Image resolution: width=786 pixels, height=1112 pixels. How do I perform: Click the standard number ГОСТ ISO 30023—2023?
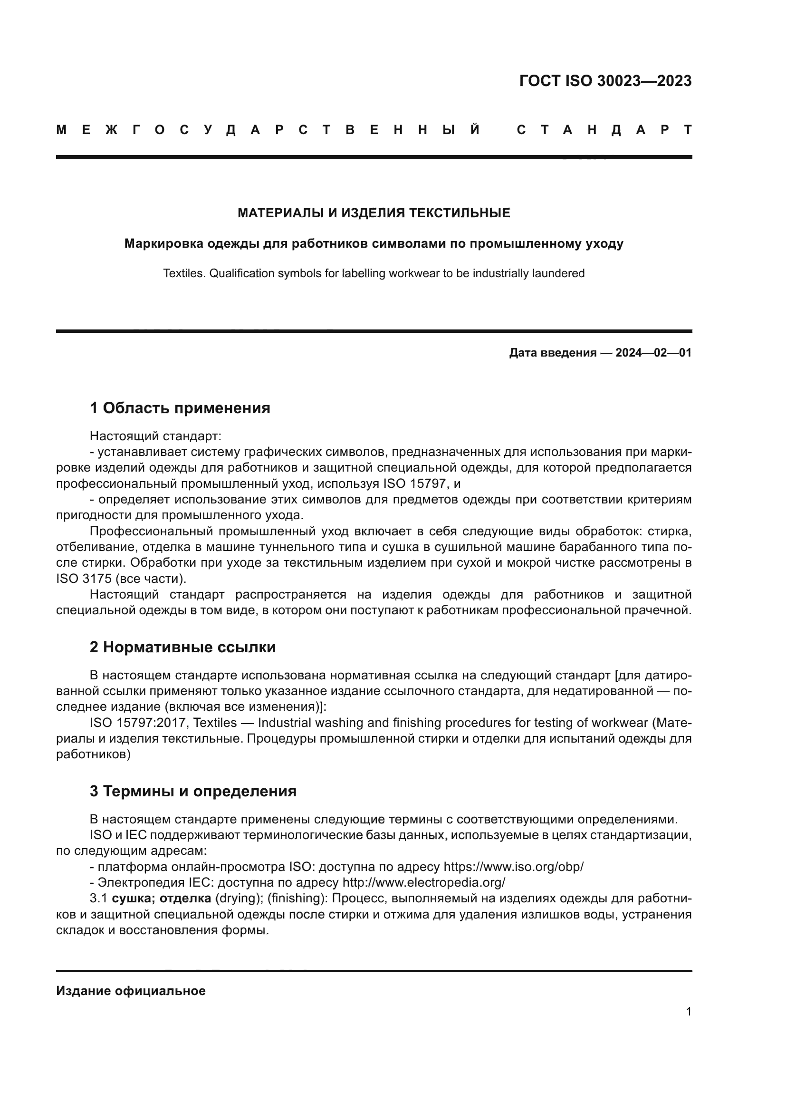click(x=605, y=81)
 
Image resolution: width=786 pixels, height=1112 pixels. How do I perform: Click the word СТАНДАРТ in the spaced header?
click(x=604, y=130)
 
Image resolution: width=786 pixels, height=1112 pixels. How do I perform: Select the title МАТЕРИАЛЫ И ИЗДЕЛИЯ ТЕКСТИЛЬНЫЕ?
click(x=374, y=213)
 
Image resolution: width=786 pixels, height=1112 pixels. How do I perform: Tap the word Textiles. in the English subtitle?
click(x=184, y=274)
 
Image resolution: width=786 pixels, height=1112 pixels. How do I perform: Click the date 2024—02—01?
click(x=653, y=353)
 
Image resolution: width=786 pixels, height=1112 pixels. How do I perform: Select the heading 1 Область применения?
click(x=180, y=408)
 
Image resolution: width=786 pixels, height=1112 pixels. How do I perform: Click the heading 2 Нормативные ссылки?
click(x=182, y=648)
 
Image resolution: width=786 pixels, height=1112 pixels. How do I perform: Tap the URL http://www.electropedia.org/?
click(x=423, y=882)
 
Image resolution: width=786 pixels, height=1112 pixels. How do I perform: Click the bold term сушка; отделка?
click(x=161, y=899)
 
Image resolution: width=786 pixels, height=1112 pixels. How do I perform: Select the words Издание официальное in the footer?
click(x=131, y=991)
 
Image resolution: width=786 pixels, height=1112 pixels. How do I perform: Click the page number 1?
click(x=688, y=1012)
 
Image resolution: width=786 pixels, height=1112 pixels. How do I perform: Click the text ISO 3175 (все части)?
click(x=121, y=579)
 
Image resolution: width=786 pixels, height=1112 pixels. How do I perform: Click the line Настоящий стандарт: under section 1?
click(x=155, y=436)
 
